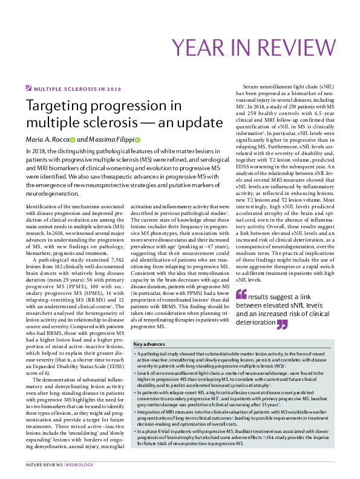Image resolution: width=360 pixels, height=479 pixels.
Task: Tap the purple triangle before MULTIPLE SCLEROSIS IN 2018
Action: (x=28, y=88)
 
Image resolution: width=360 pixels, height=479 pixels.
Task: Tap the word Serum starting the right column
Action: (x=252, y=88)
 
